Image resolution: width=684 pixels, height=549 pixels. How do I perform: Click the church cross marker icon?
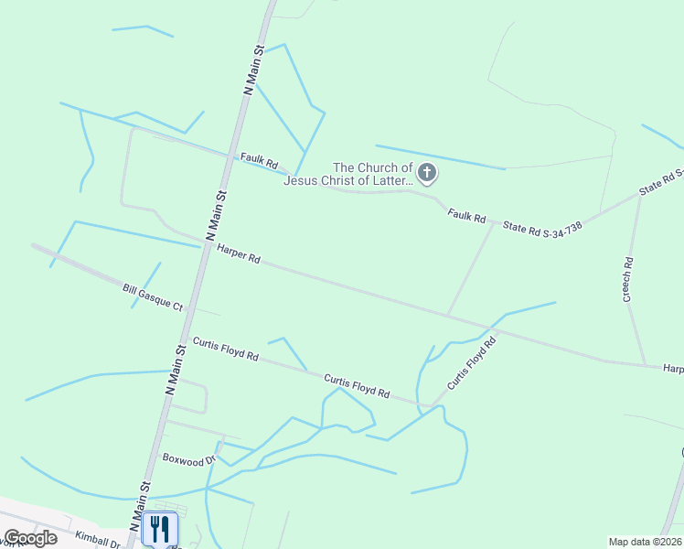(x=426, y=172)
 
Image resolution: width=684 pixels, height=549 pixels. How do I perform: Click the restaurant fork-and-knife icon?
(x=159, y=528)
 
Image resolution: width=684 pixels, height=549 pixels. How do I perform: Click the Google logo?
(x=30, y=537)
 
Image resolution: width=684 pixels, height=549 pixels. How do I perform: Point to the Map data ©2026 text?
(x=645, y=542)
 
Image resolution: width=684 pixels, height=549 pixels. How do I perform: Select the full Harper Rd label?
(x=240, y=254)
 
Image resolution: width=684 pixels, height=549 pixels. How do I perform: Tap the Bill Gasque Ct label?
(x=153, y=296)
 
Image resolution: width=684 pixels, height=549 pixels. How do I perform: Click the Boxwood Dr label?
(x=187, y=457)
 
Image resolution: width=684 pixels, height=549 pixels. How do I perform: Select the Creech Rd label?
(x=628, y=279)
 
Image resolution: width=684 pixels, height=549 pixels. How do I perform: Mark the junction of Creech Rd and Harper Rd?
(x=646, y=364)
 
